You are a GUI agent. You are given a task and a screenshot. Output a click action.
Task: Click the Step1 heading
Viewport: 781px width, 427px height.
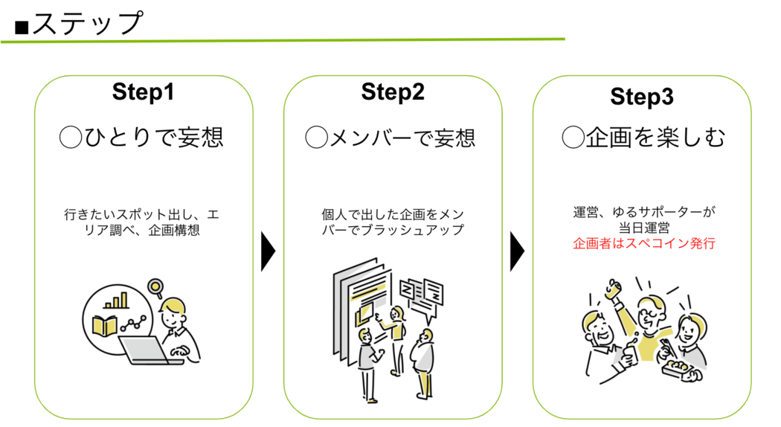143,91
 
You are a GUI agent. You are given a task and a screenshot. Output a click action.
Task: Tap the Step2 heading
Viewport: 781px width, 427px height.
393,91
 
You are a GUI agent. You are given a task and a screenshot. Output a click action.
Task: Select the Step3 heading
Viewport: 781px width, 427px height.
641,97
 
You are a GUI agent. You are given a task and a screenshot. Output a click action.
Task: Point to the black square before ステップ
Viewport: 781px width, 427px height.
22,27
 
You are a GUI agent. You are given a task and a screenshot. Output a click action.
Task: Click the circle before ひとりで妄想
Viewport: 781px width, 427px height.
70,137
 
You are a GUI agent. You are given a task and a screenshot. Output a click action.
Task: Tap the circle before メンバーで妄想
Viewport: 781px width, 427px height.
316,137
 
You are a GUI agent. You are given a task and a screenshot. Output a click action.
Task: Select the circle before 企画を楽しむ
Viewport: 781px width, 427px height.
573,137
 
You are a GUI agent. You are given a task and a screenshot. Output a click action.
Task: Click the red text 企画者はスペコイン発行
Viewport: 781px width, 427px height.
644,244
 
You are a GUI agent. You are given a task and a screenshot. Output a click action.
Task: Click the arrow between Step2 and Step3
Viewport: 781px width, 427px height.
517,251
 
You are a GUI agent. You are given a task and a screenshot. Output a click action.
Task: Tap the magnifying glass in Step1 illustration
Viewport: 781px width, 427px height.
156,288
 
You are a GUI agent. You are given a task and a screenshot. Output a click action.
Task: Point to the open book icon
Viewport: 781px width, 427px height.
105,326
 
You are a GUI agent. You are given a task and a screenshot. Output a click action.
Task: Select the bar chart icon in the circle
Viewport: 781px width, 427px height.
115,301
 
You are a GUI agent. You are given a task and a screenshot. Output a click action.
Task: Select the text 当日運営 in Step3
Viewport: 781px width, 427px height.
644,228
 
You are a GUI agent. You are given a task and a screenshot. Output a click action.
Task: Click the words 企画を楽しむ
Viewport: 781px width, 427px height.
655,138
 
